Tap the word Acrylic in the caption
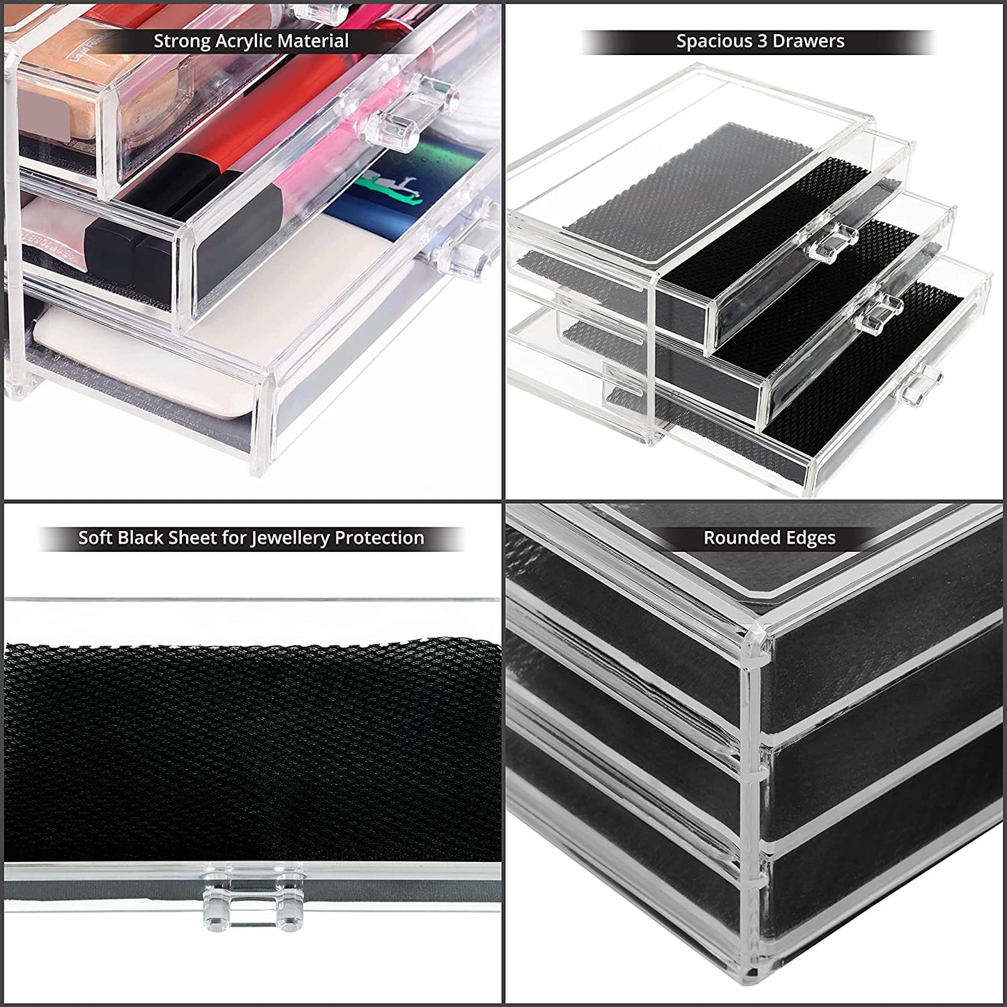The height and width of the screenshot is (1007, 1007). (244, 41)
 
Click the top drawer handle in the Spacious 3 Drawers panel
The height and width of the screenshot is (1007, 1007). (829, 242)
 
